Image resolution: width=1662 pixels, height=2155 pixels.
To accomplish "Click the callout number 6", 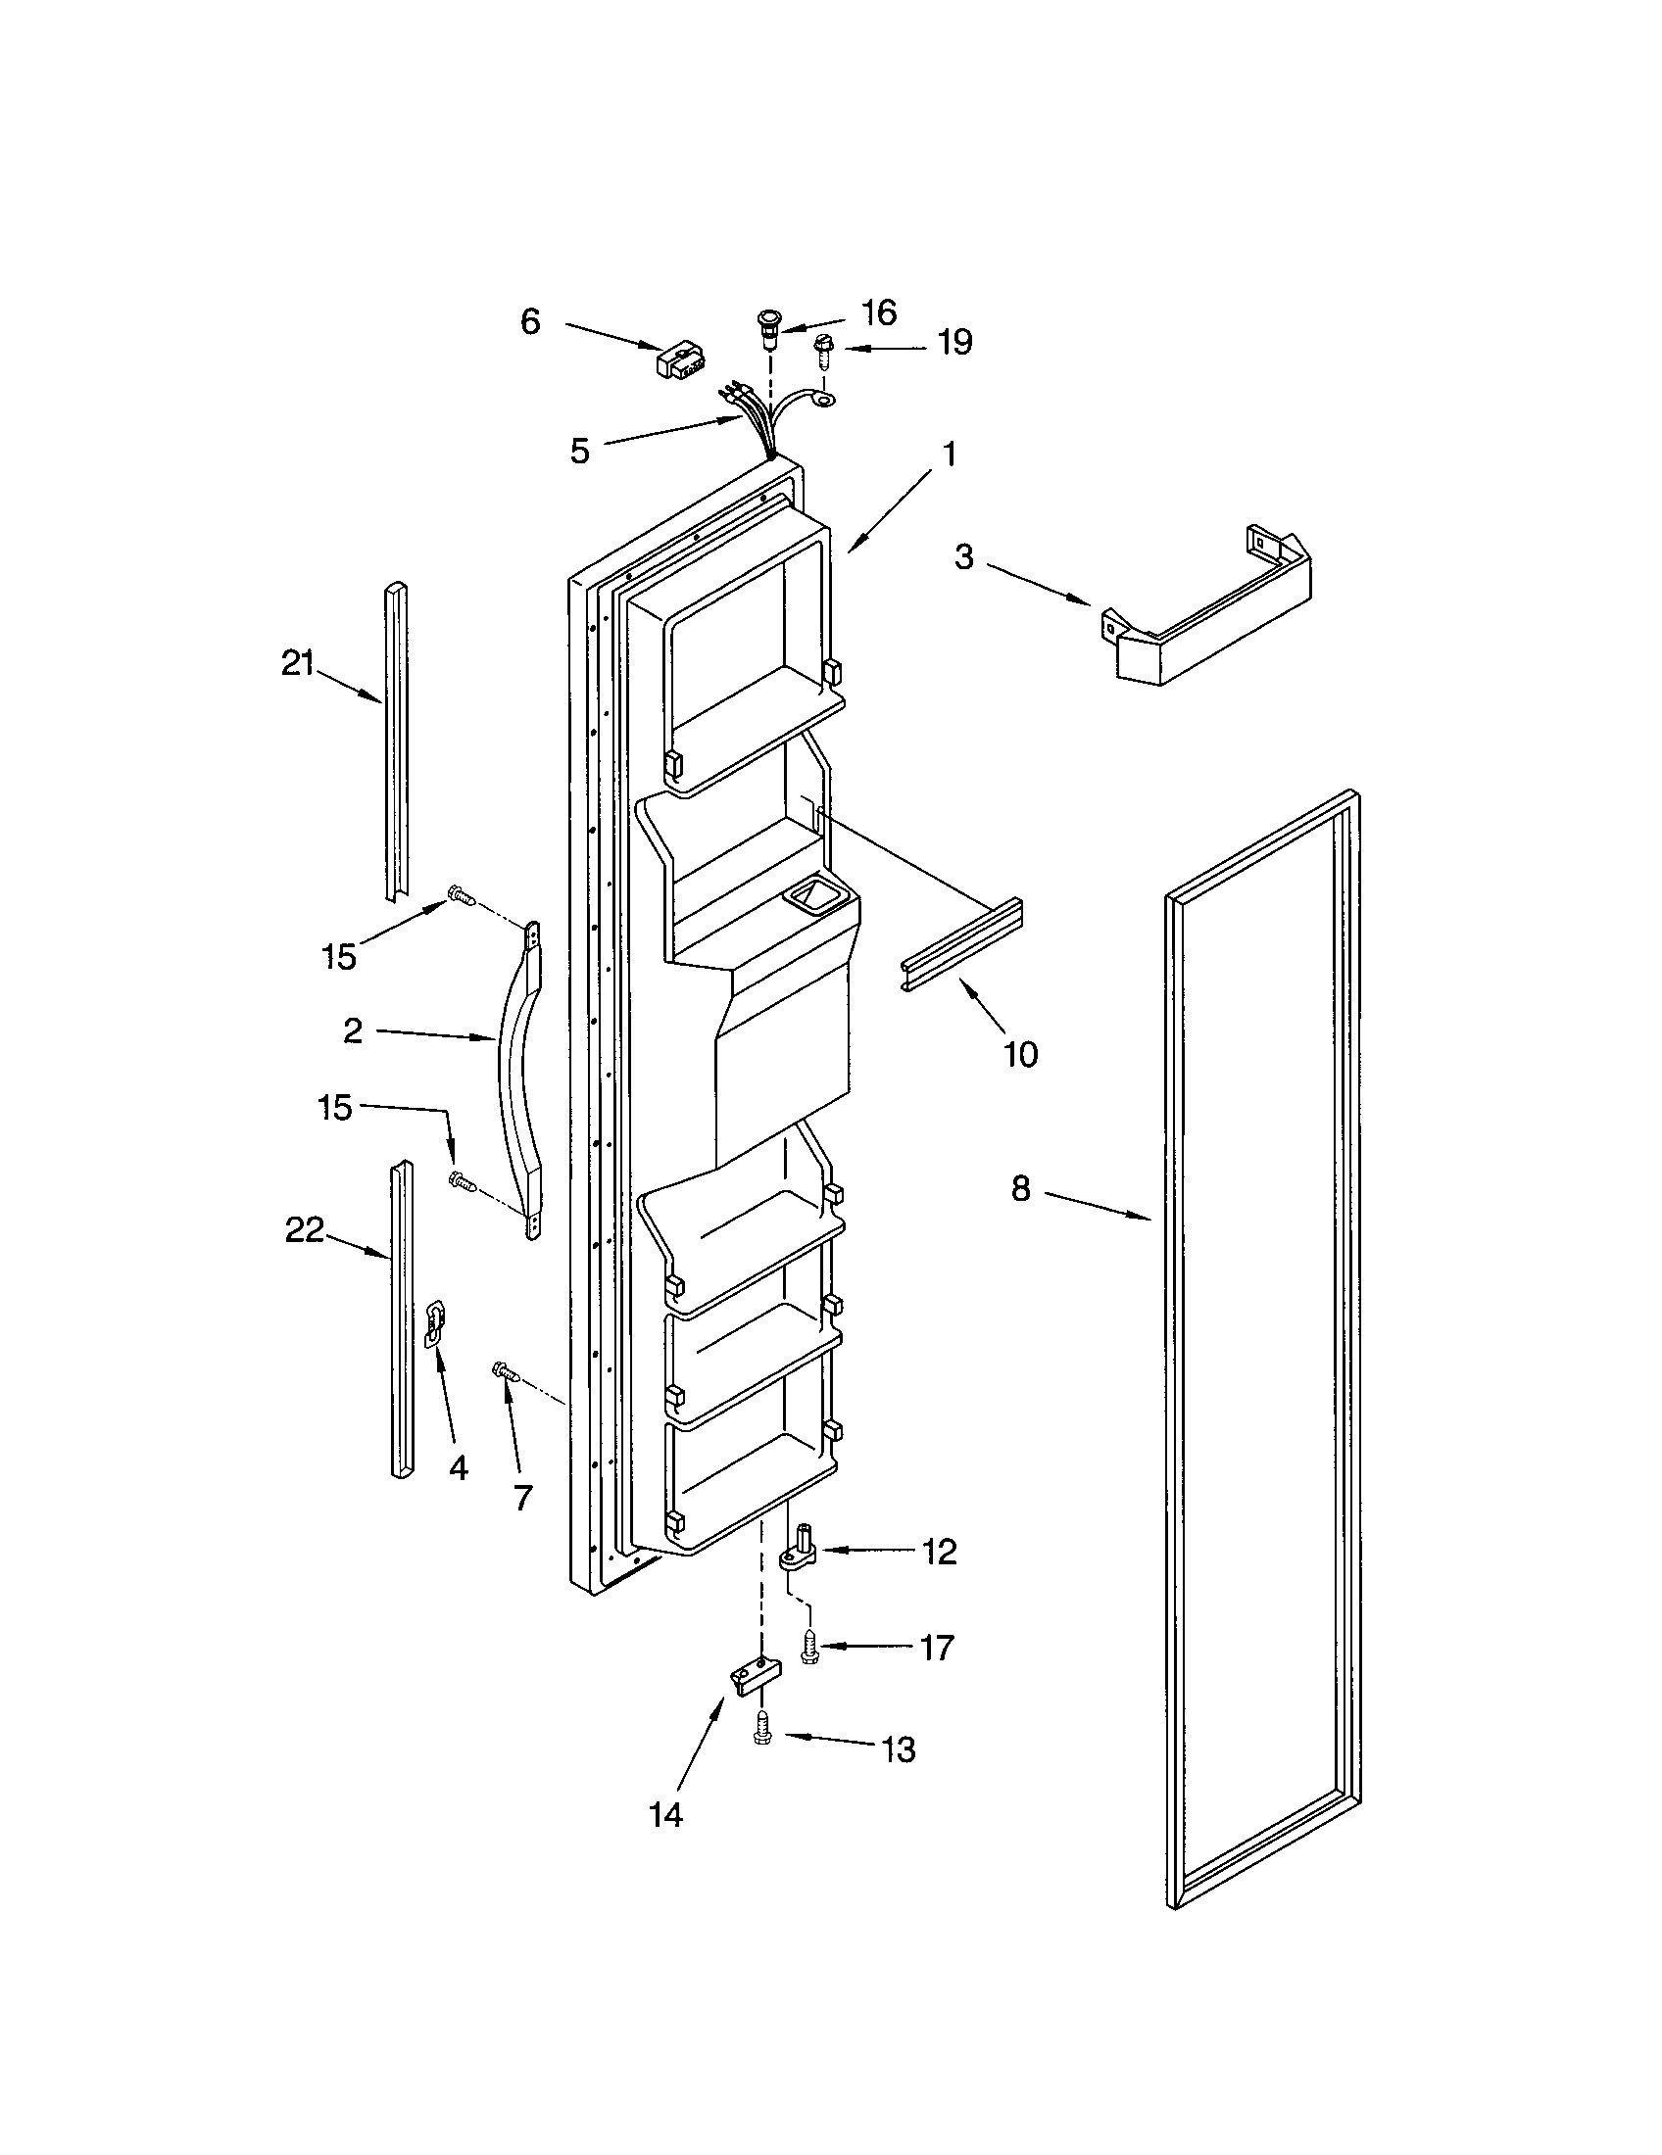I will [x=530, y=321].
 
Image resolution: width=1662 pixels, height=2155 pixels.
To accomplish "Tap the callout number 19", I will [x=953, y=343].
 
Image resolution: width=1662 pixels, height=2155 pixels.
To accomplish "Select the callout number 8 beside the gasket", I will [x=1020, y=1188].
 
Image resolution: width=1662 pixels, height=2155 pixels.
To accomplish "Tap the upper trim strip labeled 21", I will [x=395, y=740].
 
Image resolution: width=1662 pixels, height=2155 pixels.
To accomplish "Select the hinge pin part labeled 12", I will [x=802, y=1551].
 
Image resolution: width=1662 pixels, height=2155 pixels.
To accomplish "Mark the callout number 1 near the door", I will [x=949, y=455].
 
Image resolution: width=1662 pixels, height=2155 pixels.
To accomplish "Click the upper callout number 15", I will [x=338, y=955].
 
